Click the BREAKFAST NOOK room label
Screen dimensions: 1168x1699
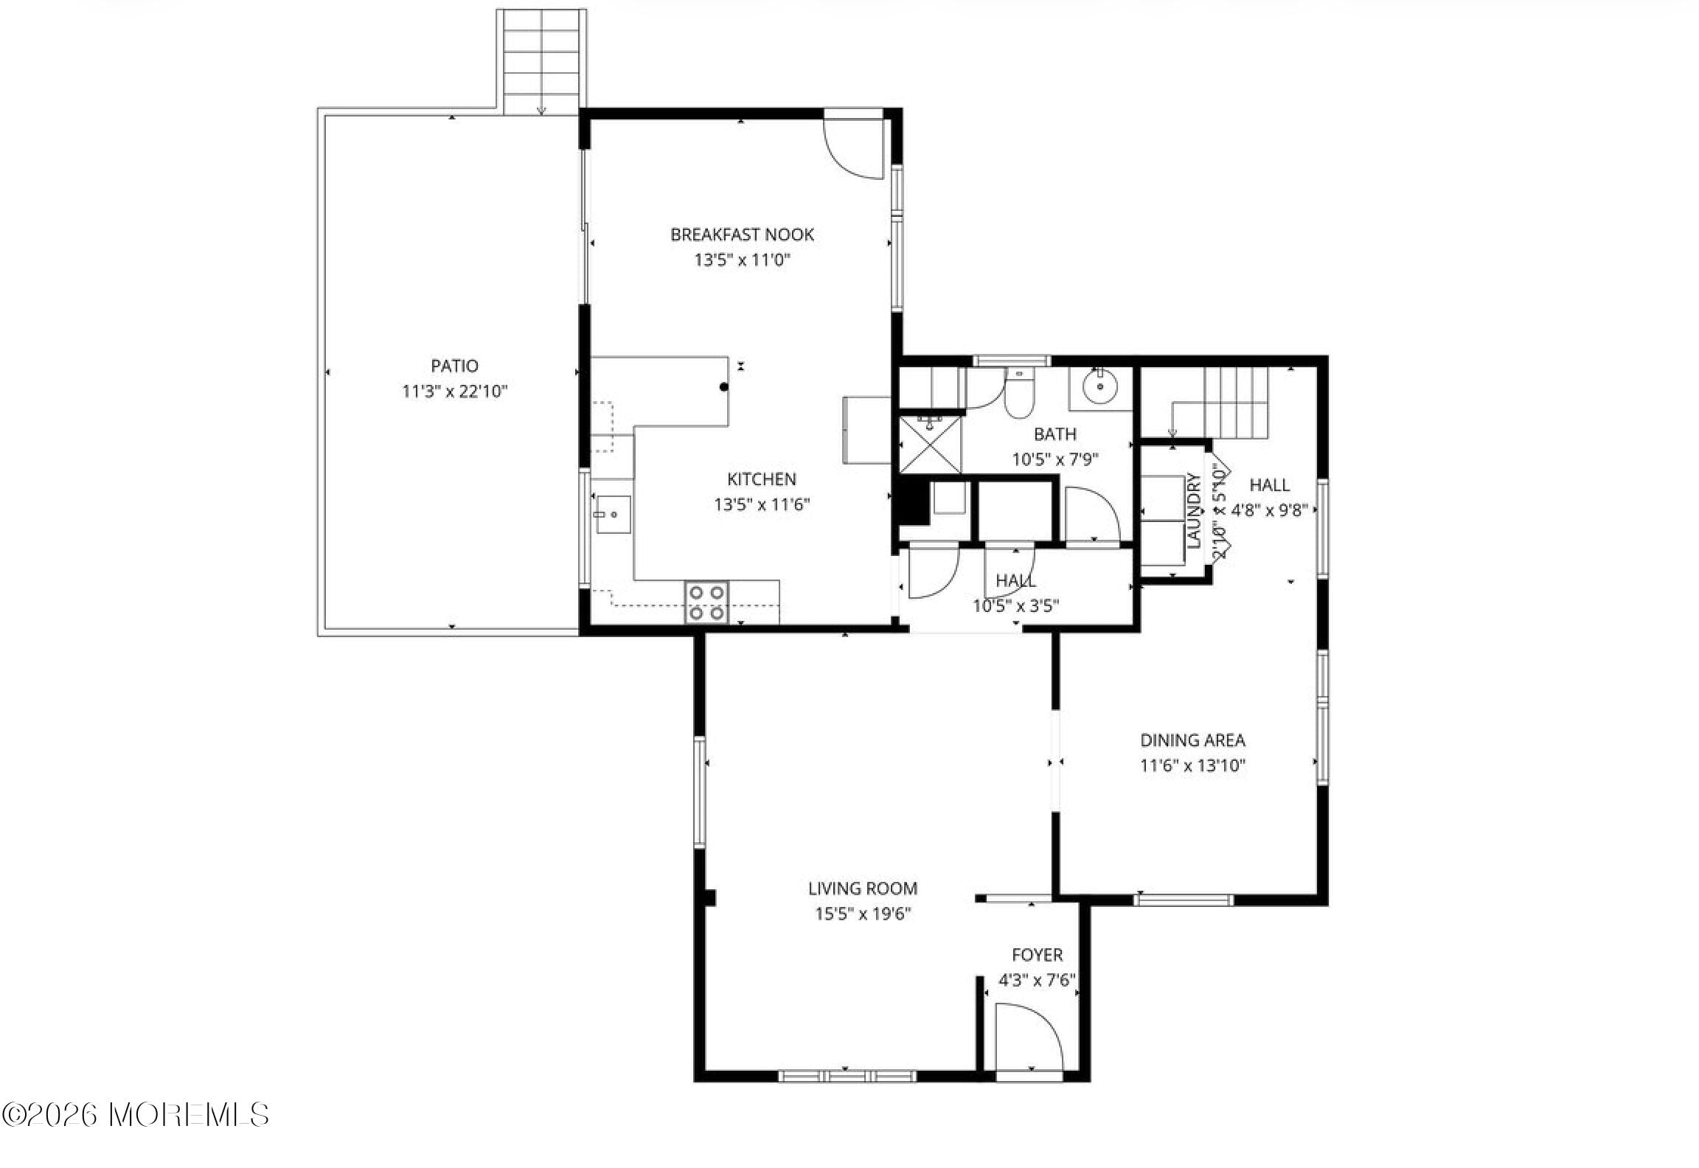click(742, 234)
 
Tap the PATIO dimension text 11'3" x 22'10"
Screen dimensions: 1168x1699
click(454, 392)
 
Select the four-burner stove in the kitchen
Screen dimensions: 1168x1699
click(706, 602)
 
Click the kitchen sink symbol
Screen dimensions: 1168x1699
click(611, 514)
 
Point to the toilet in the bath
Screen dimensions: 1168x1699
click(1019, 392)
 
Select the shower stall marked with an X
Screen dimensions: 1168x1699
click(931, 445)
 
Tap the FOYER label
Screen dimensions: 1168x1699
click(1037, 955)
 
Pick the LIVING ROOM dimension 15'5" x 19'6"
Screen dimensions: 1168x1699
click(862, 914)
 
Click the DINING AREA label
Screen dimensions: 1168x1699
click(1192, 740)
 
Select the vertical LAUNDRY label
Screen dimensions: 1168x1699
click(1194, 510)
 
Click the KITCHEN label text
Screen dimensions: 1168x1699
click(761, 479)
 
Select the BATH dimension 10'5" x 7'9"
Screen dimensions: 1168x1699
click(1055, 459)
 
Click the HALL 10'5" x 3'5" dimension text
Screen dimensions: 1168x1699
click(1015, 606)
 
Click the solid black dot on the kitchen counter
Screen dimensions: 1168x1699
click(724, 386)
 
